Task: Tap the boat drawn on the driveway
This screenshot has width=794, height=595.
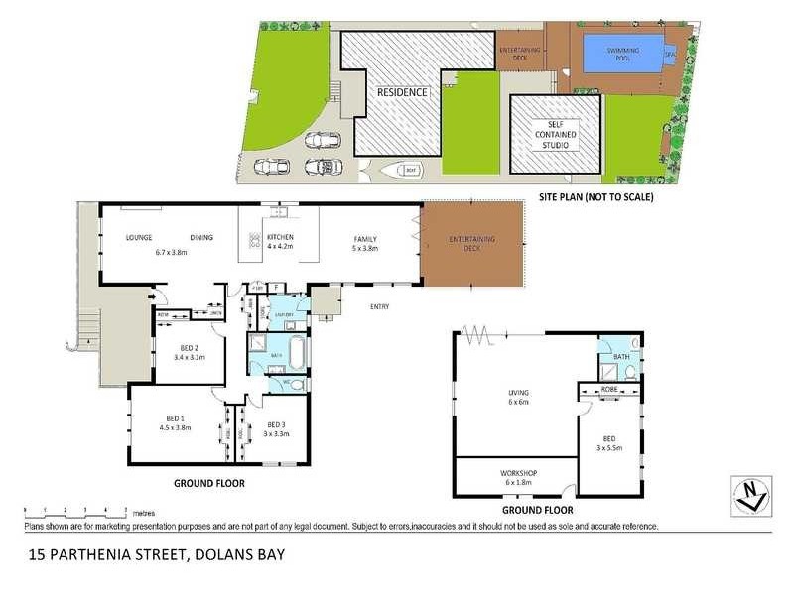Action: coord(403,170)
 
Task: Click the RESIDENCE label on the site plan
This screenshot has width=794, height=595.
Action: coord(402,92)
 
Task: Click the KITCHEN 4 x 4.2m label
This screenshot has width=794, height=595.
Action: coord(280,242)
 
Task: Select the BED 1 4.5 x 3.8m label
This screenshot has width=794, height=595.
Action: coord(174,423)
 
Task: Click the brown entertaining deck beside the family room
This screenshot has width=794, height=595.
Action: coord(471,243)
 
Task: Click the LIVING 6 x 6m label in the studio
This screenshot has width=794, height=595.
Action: coord(516,397)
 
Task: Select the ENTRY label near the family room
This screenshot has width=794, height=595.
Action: coord(379,306)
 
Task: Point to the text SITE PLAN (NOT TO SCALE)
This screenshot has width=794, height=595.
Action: coord(595,196)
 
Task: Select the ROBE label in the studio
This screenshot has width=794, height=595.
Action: coord(608,390)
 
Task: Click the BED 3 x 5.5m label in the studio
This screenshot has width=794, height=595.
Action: coord(609,442)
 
